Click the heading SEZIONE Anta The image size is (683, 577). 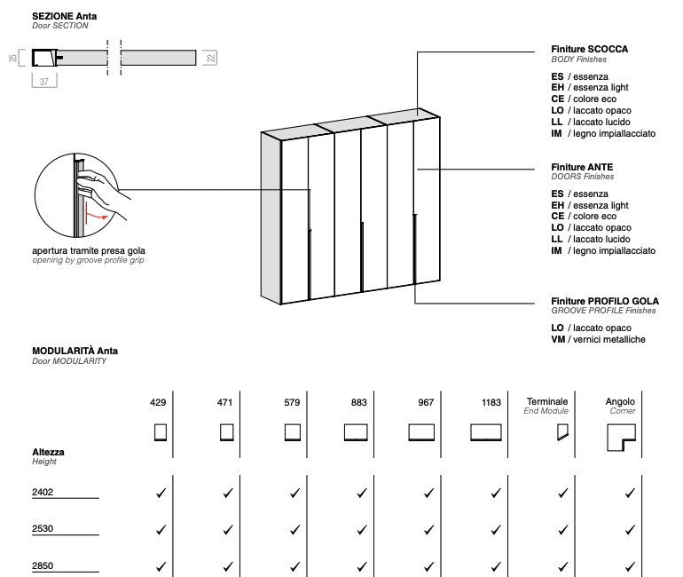pos(65,16)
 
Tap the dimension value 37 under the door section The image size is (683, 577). pos(44,82)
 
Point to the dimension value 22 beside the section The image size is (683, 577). pos(210,58)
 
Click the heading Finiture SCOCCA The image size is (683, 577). pos(589,50)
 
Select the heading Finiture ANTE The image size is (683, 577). pos(582,167)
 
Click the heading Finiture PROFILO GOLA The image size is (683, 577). pos(605,301)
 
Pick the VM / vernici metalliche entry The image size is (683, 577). pos(598,340)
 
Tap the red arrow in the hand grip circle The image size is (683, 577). pos(96,215)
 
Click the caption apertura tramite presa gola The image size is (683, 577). pos(87,251)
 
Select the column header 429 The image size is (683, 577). pos(158,402)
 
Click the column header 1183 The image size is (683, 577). pos(491,402)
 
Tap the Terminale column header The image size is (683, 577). pos(547,402)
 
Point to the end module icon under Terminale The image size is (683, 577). pos(561,432)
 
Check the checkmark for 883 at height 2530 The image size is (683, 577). pos(361,529)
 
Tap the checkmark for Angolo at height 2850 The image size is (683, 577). pos(629,566)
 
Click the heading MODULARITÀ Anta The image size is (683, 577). pos(75,352)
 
